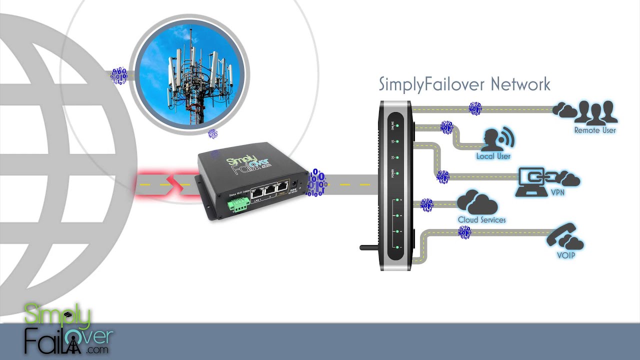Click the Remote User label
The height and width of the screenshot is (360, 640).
click(595, 130)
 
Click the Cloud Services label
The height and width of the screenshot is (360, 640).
click(481, 220)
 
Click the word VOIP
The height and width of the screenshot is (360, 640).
click(565, 255)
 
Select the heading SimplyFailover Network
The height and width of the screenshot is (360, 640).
click(464, 84)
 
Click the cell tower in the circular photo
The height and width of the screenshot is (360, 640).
click(192, 75)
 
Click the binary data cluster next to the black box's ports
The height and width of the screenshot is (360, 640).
click(316, 183)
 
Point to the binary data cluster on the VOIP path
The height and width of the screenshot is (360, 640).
click(464, 231)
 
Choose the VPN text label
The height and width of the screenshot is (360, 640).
click(557, 192)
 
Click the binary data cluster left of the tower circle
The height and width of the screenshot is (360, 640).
click(118, 76)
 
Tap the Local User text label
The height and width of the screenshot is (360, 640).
click(493, 156)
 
